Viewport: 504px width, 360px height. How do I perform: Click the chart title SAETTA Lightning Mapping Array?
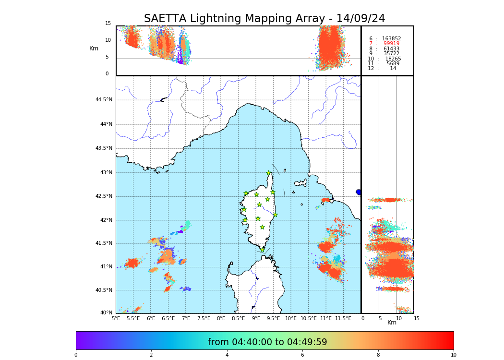coord(264,19)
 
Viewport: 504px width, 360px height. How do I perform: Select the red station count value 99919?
coord(391,44)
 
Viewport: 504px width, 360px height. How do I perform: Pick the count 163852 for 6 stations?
coord(391,38)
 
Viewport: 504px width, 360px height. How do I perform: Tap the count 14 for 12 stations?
coord(393,69)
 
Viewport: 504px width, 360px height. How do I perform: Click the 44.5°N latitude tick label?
coord(104,100)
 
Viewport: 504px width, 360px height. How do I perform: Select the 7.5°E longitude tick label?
coord(204,318)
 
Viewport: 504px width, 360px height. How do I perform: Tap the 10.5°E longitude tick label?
coord(309,318)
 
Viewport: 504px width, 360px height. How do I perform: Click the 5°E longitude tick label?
coord(116,318)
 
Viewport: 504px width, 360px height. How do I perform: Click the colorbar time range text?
coord(267,342)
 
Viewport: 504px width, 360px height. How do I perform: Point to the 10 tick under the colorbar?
coord(453,355)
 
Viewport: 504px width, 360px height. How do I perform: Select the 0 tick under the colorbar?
coord(76,355)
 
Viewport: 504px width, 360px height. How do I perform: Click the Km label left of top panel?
coord(94,48)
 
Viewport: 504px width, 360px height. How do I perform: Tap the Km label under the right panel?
coord(392,323)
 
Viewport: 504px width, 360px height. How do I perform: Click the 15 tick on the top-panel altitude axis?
coord(108,24)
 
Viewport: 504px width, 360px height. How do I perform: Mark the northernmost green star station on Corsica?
coord(269,173)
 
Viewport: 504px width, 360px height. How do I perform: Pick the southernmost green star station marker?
coord(262,250)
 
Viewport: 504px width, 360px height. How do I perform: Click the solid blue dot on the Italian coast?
coord(359,192)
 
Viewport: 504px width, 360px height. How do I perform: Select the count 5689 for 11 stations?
coord(393,63)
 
